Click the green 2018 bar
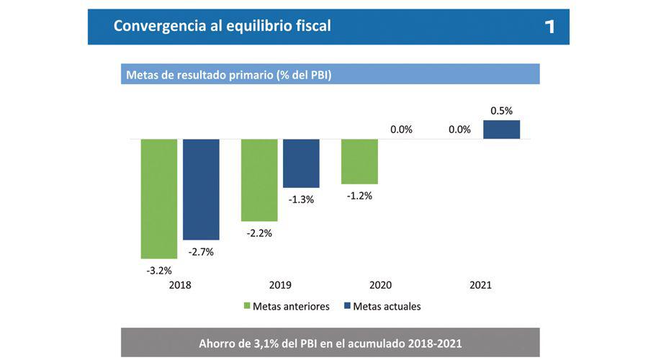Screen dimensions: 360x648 tap(158, 198)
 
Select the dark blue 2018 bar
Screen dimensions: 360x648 tap(201, 189)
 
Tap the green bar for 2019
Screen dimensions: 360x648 tap(259, 180)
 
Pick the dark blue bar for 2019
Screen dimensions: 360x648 tap(301, 163)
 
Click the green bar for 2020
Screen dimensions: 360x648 tap(359, 161)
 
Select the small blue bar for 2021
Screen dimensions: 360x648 tap(501, 130)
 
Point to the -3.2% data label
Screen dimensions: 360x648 tap(160, 271)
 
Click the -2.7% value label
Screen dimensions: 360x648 tap(201, 252)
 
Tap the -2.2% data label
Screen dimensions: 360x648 tap(260, 233)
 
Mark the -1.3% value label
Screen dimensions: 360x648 tap(301, 199)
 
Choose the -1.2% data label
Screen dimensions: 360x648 tap(359, 196)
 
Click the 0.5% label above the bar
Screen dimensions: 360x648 tap(501, 111)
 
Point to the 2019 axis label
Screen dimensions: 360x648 tap(280, 285)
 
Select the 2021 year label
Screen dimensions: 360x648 tap(480, 285)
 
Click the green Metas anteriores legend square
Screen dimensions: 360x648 tap(246, 307)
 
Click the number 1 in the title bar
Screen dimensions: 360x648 tap(549, 27)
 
